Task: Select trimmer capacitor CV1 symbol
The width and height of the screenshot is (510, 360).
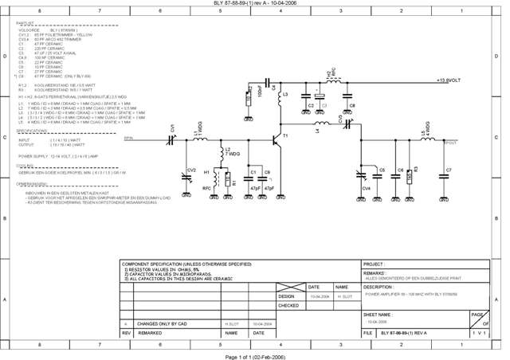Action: tap(174, 139)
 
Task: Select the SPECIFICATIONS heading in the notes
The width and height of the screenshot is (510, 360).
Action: tap(33, 130)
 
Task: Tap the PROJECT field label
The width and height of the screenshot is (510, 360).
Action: tap(374, 264)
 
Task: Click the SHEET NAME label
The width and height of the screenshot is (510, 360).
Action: tap(378, 315)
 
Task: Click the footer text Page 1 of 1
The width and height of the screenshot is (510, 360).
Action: tap(255, 355)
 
